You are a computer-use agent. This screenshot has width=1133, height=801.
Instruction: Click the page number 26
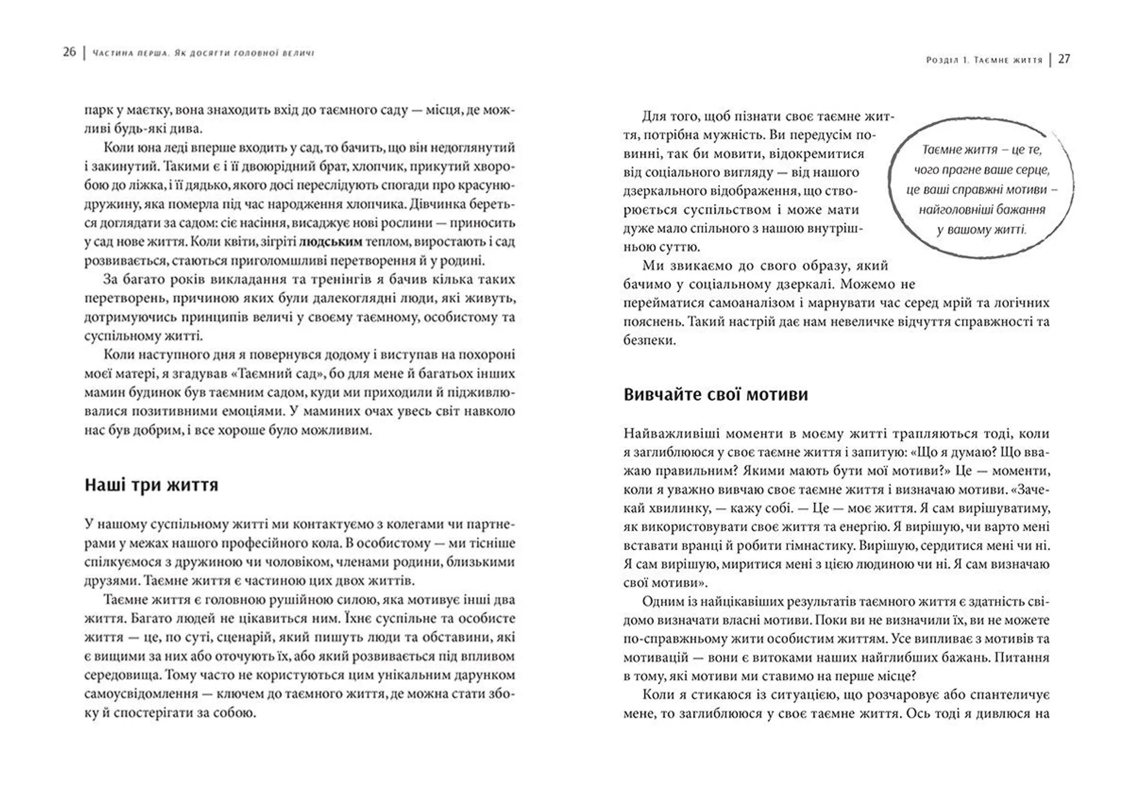pos(69,52)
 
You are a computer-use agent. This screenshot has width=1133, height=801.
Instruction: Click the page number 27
pos(1064,59)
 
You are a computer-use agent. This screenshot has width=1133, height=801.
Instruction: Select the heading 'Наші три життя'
pos(151,485)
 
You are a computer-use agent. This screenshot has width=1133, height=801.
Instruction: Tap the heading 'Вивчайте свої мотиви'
pos(715,394)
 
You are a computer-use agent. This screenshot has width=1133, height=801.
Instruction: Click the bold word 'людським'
pos(330,241)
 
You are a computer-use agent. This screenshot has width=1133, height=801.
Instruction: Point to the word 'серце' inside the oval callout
pos(1032,170)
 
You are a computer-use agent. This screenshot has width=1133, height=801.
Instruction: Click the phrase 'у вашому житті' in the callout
pos(981,230)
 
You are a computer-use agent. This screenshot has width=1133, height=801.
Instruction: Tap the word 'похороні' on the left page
pos(488,355)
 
